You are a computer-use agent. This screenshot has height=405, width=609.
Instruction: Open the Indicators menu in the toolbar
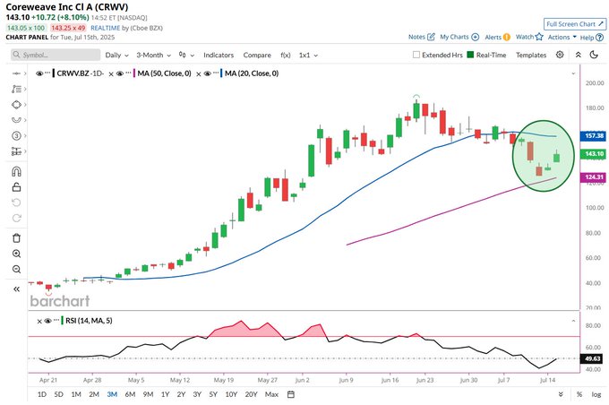(219, 55)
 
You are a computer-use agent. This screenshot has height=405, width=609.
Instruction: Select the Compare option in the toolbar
(257, 55)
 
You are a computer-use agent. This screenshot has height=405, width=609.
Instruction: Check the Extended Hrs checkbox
(416, 55)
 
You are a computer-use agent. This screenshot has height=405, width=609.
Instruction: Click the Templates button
(531, 55)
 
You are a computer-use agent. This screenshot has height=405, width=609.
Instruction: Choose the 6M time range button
(130, 394)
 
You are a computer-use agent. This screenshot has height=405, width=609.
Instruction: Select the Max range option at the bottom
(272, 394)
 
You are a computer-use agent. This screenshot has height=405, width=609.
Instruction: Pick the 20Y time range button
(252, 394)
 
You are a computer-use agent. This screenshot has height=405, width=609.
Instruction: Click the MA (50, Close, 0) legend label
(175, 73)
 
